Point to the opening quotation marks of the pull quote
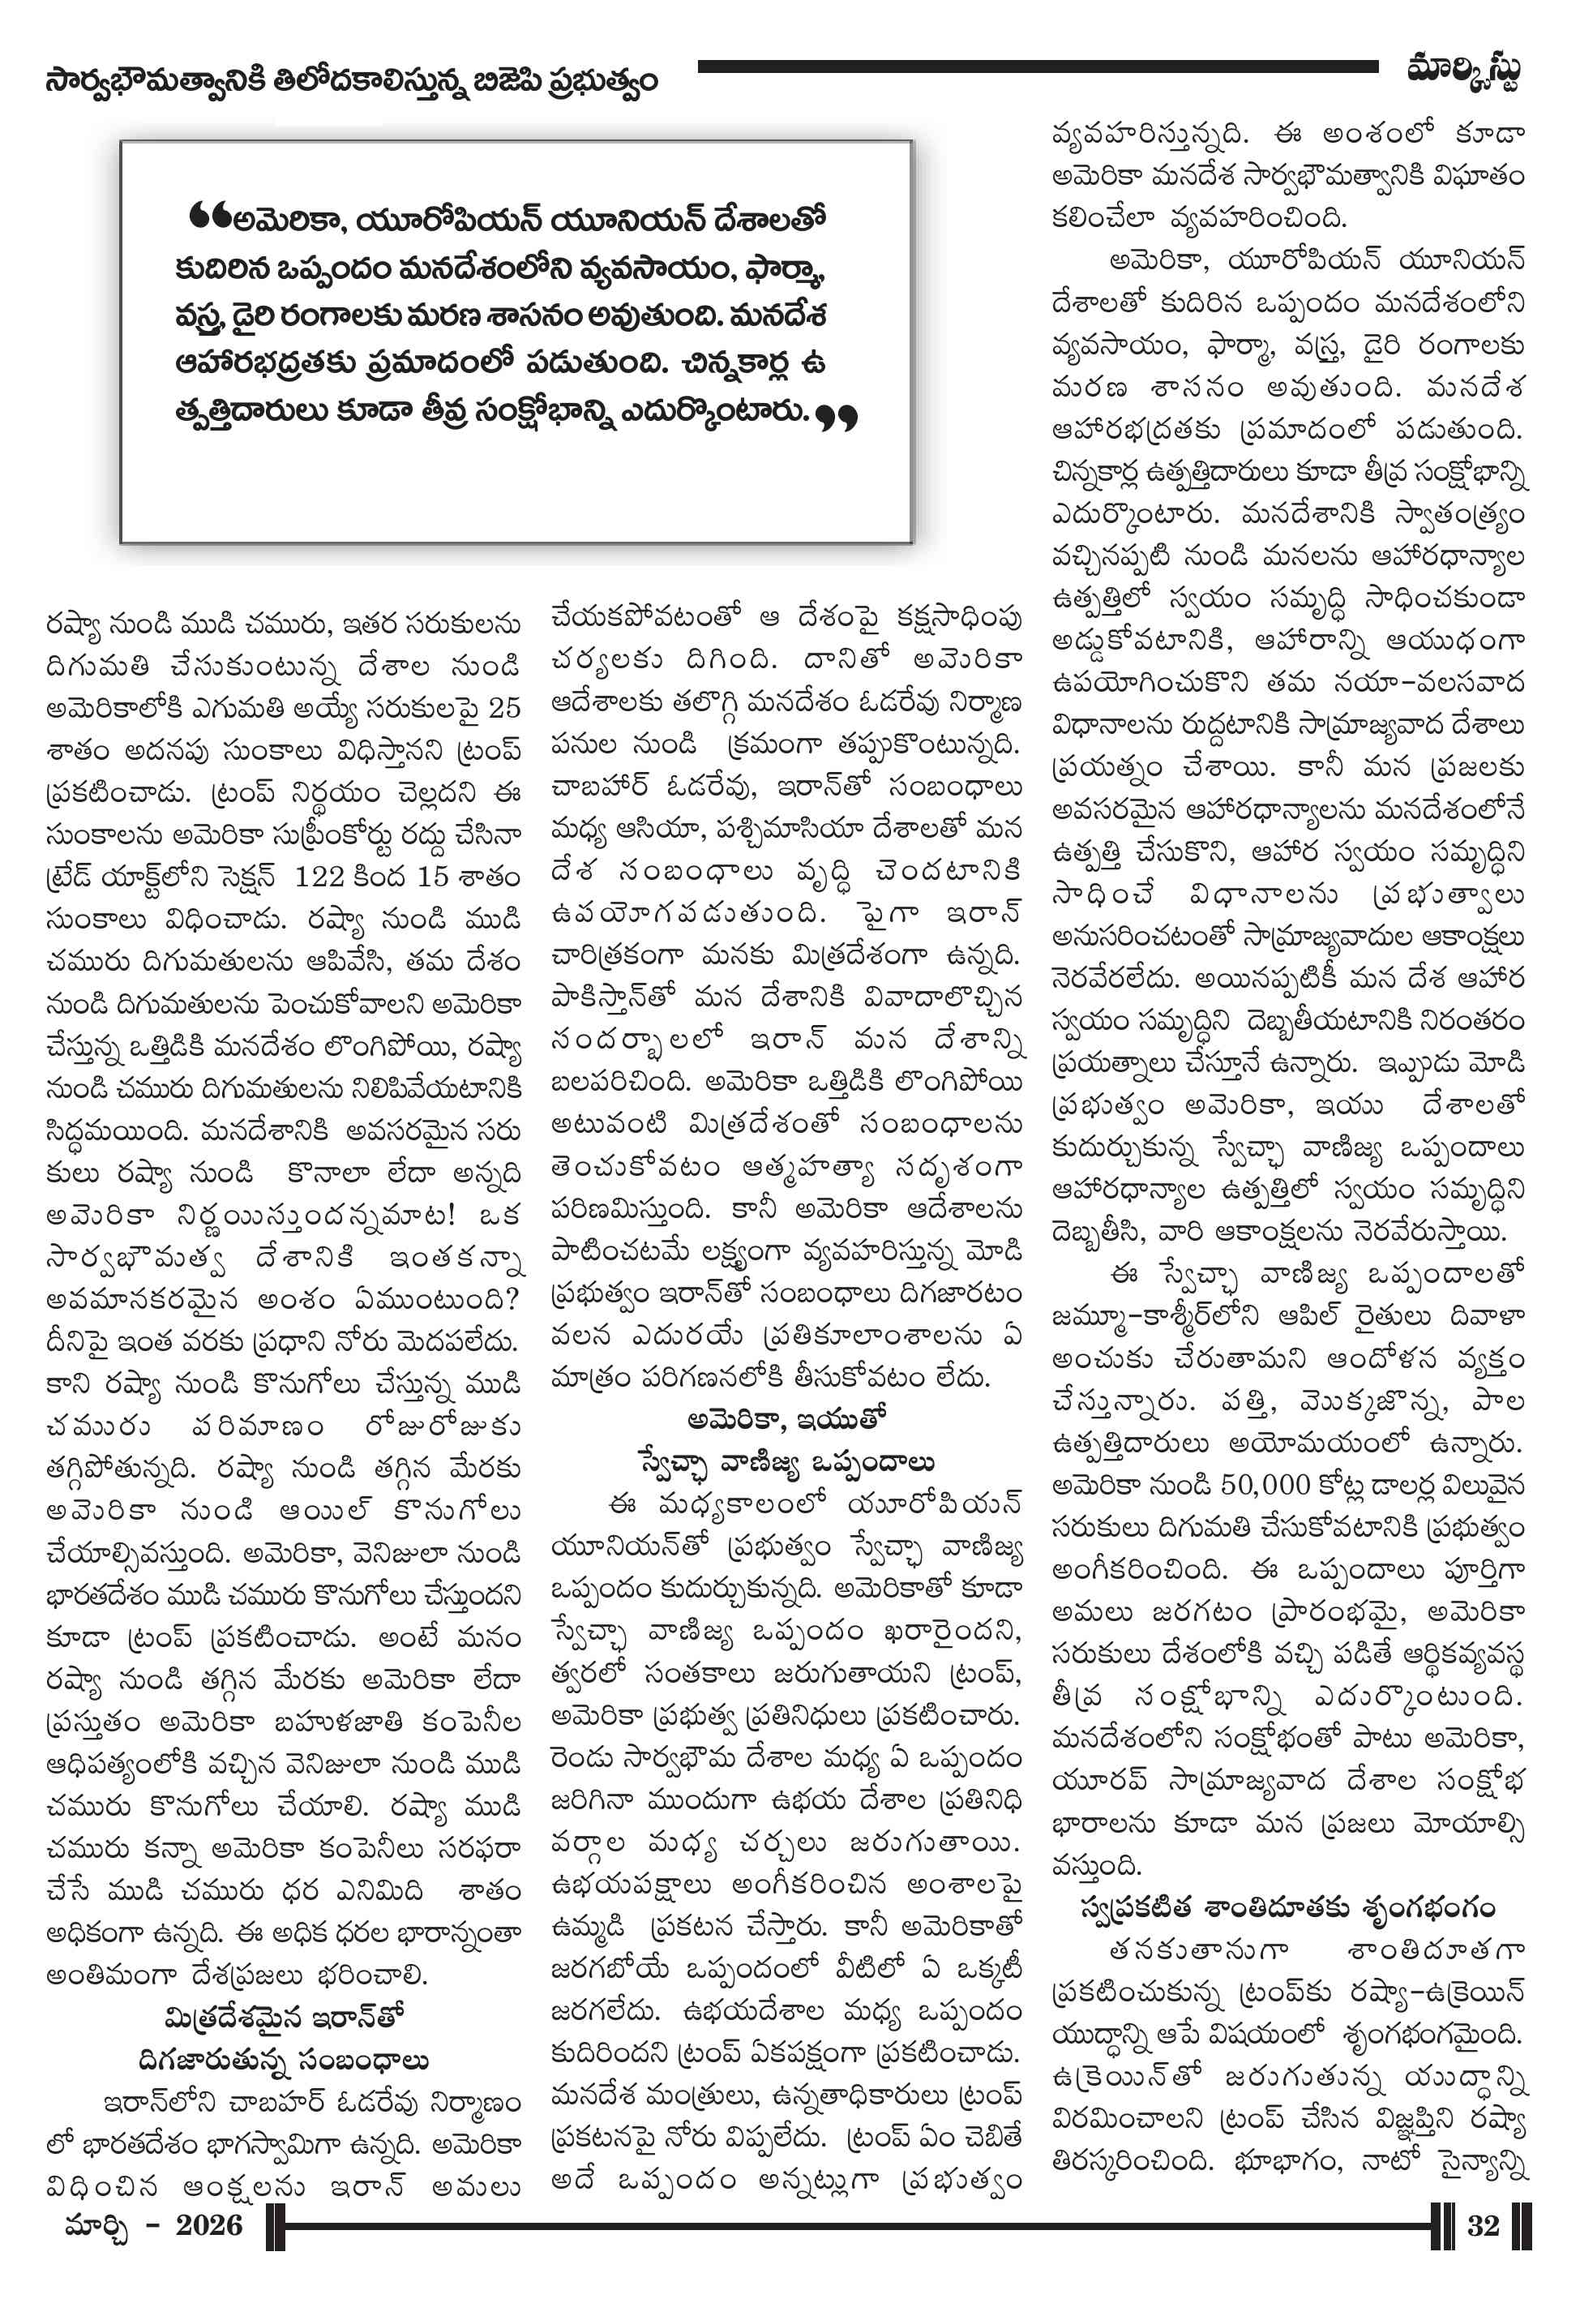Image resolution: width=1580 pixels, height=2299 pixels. coord(209,215)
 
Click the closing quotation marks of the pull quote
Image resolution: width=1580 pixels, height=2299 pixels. coord(837,417)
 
